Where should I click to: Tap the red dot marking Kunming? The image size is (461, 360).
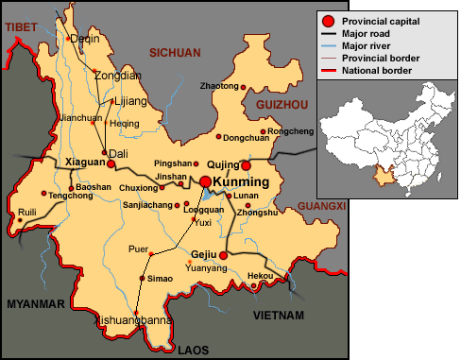pyautogui.click(x=204, y=181)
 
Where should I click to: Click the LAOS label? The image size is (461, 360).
pyautogui.click(x=193, y=350)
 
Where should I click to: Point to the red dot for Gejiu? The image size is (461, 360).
pyautogui.click(x=224, y=255)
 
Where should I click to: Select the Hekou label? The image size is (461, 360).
pyautogui.click(x=260, y=276)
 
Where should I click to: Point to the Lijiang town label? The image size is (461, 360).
pyautogui.click(x=126, y=100)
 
